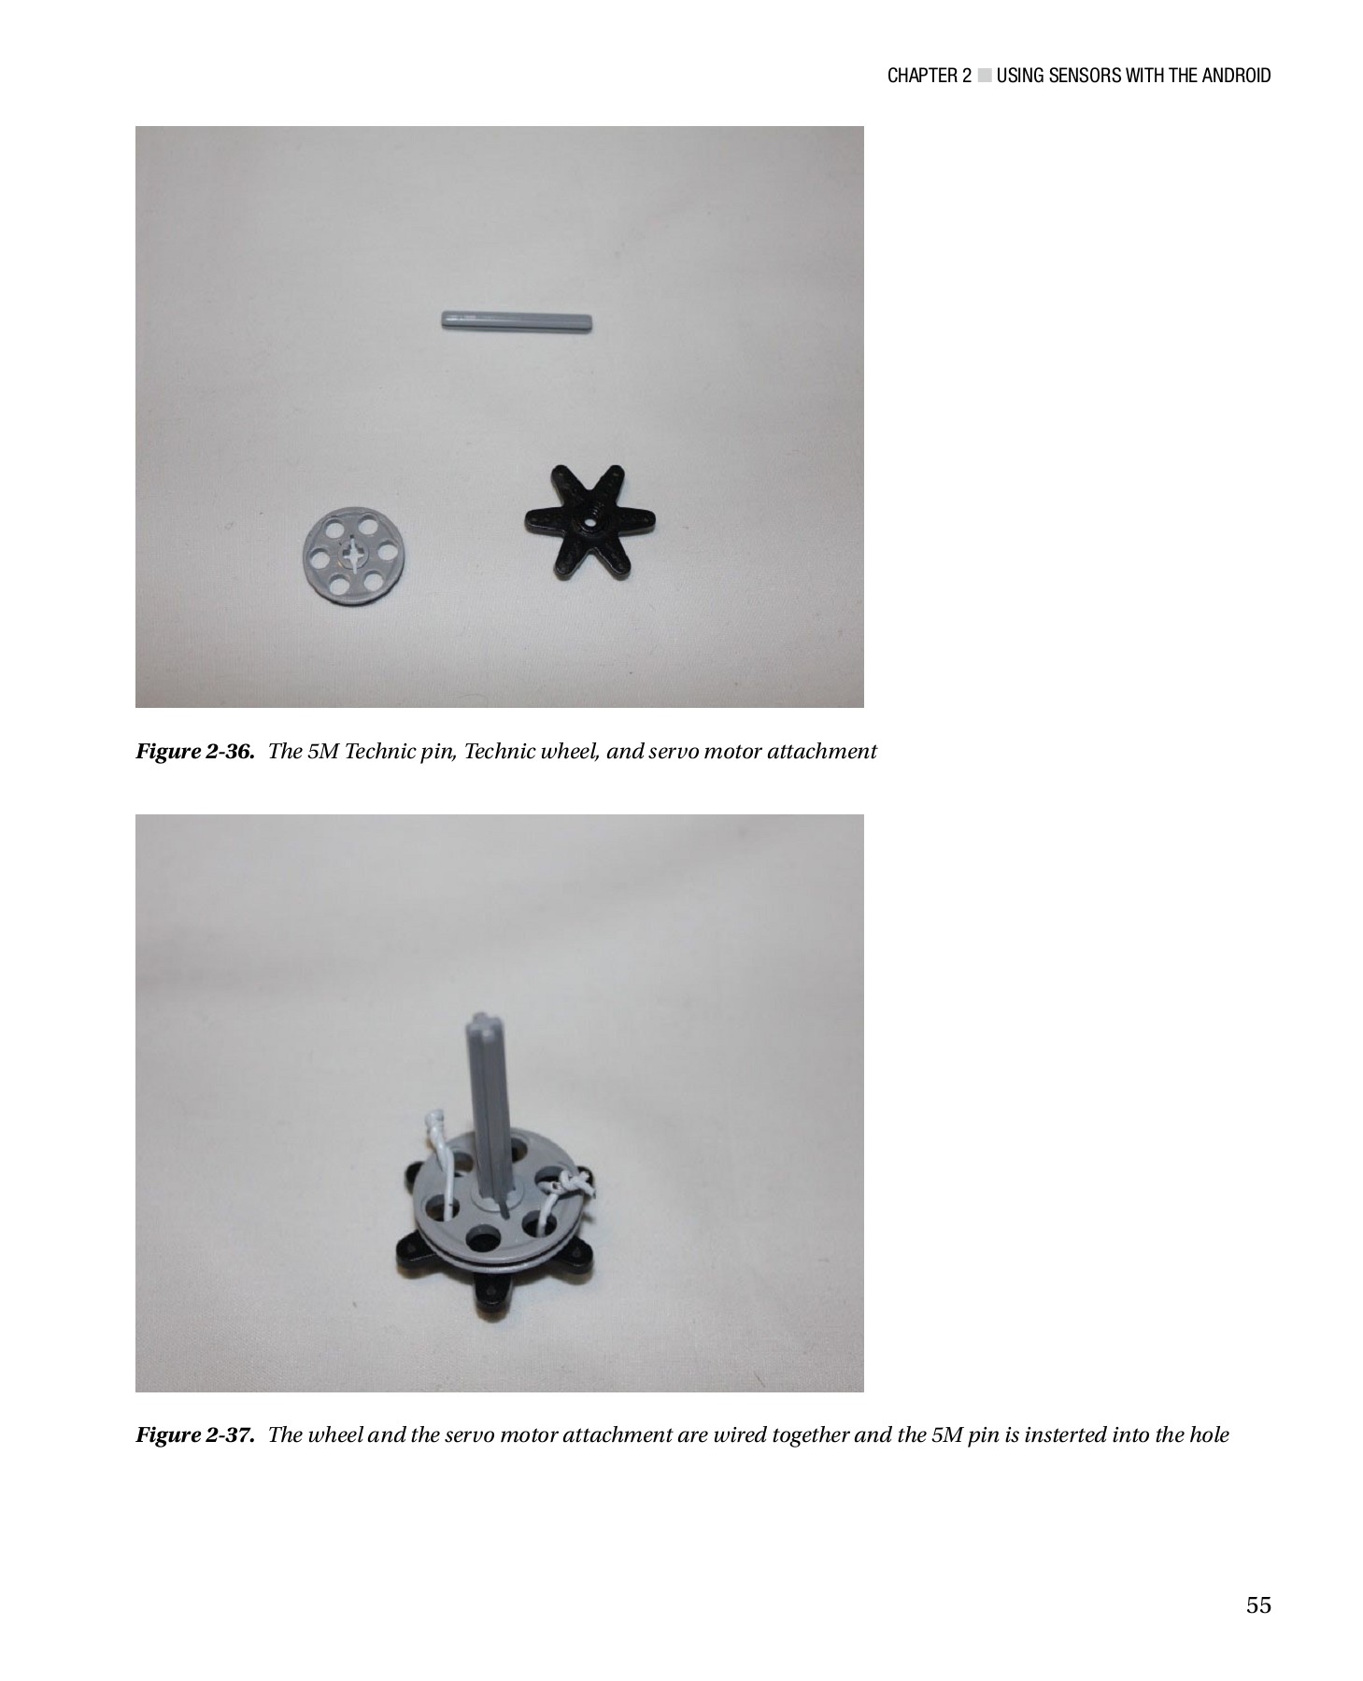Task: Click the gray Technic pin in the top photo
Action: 516,321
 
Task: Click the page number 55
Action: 1257,1606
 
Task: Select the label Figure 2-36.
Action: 195,752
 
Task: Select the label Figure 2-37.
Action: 195,1434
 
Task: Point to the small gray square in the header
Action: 984,76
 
